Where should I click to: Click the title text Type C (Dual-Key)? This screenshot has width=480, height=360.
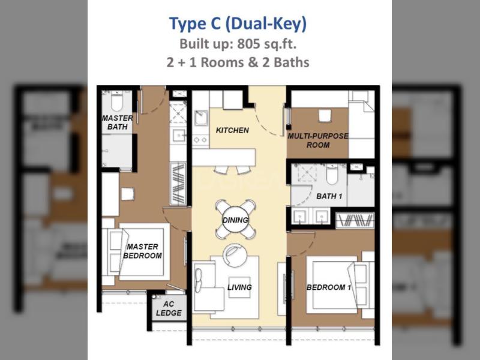(238, 24)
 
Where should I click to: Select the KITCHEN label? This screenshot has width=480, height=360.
(232, 130)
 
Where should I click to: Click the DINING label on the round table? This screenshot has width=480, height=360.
(235, 220)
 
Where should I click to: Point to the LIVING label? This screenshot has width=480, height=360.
(239, 287)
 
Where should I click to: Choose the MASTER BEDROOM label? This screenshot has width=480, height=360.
(143, 251)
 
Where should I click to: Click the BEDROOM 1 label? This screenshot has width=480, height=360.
(328, 287)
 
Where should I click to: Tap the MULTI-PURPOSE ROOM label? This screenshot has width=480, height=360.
(318, 140)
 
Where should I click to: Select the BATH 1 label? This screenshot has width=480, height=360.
(329, 196)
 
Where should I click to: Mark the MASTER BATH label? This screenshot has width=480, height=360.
(117, 122)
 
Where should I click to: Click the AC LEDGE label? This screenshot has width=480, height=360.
(169, 308)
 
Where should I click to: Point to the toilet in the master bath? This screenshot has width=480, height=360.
(116, 100)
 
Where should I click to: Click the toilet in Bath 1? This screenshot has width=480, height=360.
(332, 174)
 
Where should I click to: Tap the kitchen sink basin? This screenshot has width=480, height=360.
(202, 118)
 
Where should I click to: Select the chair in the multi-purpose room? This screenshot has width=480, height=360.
(325, 116)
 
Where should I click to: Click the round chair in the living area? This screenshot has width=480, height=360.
(235, 255)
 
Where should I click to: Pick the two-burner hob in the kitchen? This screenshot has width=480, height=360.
(200, 140)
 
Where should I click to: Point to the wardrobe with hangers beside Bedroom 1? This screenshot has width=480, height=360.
(355, 220)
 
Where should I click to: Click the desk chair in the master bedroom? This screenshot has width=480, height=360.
(128, 194)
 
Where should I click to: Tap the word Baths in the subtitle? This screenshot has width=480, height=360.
(292, 62)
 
